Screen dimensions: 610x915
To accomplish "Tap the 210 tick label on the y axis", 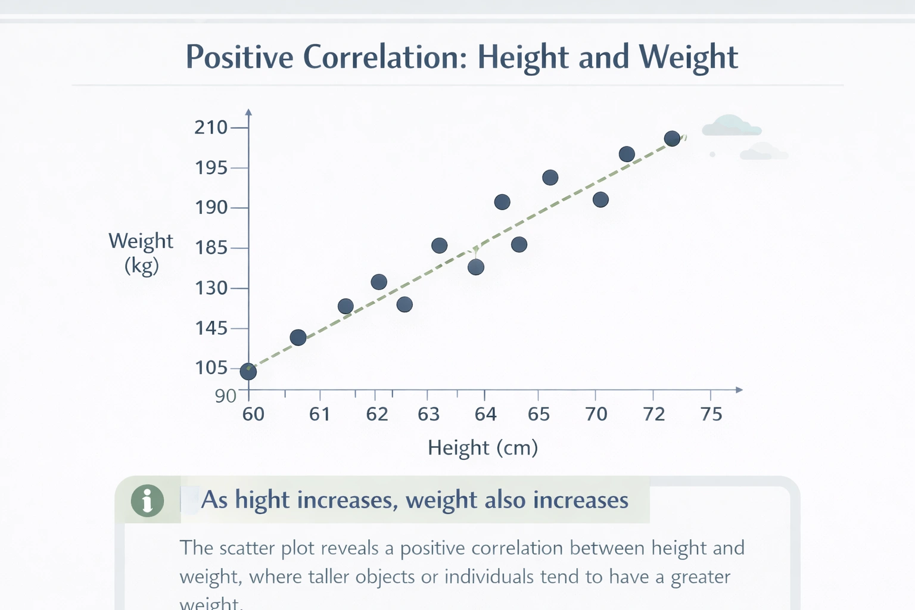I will click(x=211, y=127).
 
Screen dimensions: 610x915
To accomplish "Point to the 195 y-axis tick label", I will click(x=211, y=168).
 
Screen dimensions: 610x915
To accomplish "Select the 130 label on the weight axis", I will click(x=211, y=288).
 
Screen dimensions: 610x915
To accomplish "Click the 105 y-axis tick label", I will click(x=211, y=368).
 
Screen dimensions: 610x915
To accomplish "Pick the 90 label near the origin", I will click(x=226, y=396).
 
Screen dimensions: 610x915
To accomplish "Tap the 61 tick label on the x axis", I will click(x=320, y=415).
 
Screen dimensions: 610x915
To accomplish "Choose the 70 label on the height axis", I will click(x=596, y=415).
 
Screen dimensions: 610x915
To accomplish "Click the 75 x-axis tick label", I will click(x=711, y=415).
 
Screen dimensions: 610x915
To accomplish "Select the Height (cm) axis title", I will click(x=483, y=447).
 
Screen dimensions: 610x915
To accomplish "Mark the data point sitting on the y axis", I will click(x=248, y=372).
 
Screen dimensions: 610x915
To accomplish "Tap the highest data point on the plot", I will click(x=672, y=139).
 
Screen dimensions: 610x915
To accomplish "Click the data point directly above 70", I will click(x=600, y=200).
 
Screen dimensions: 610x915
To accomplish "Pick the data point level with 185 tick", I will click(x=439, y=245).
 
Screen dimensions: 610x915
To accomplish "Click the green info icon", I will click(x=147, y=500).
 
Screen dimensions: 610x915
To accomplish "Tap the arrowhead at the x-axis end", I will click(x=739, y=390).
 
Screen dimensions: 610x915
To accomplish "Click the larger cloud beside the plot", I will click(x=731, y=126).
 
